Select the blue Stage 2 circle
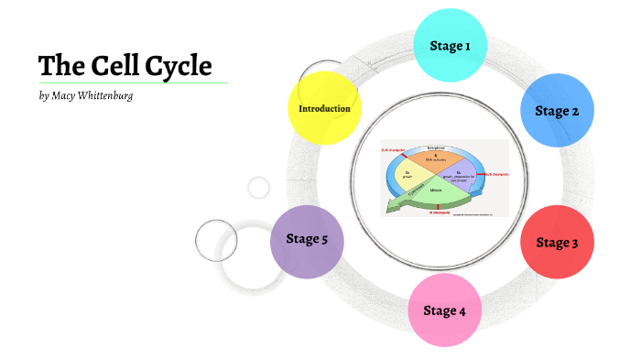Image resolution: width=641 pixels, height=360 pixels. pos(557,111)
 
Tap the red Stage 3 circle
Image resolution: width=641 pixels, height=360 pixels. pos(556,243)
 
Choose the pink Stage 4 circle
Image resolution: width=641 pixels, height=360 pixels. pos(444,311)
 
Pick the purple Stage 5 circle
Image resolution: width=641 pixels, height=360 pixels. pos(307,240)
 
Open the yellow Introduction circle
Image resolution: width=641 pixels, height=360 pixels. pos(324,108)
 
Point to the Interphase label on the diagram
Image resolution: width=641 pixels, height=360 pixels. pos(434,147)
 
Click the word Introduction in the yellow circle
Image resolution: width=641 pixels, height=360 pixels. pos(324,108)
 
